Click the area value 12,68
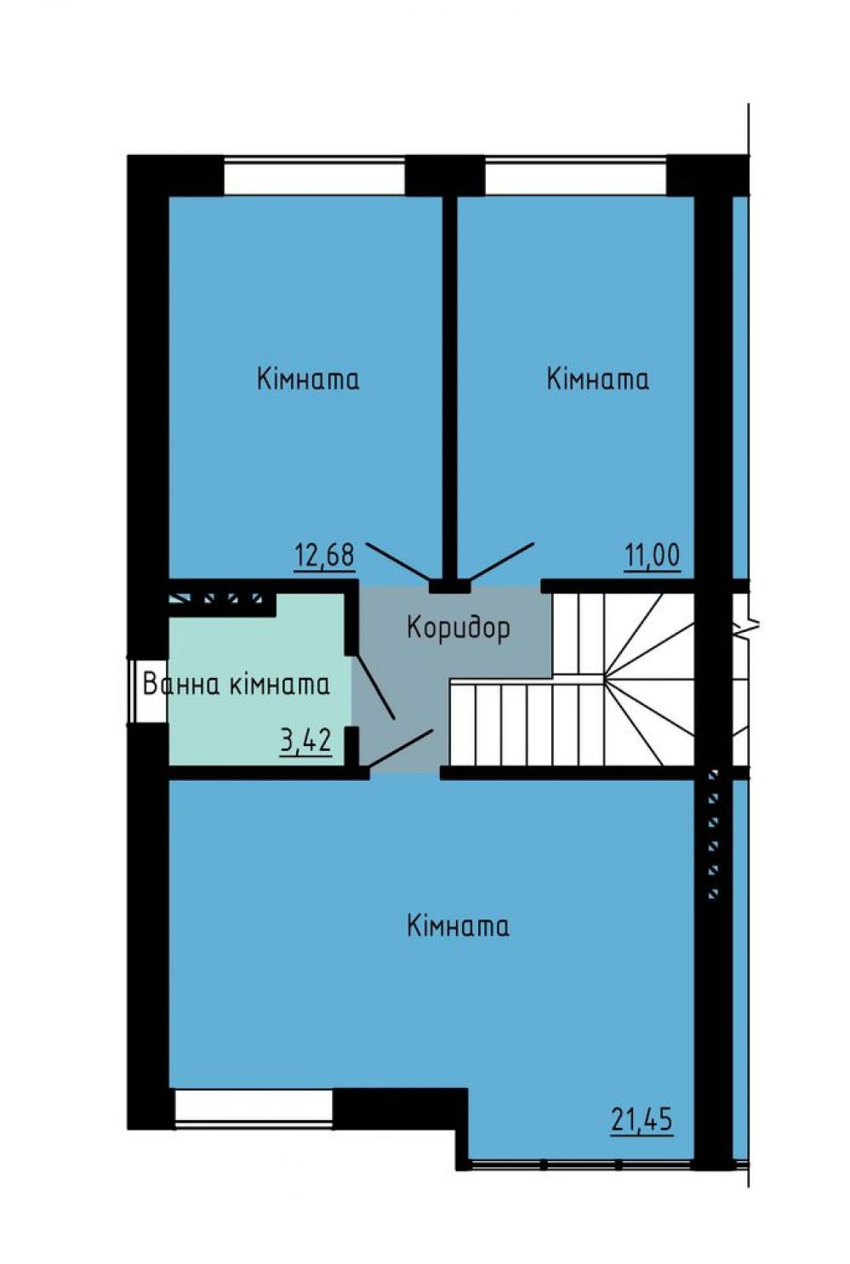pos(324,555)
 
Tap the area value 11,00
pos(652,555)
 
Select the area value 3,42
pos(305,741)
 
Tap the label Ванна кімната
pos(237,685)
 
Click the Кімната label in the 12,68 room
pos(308,379)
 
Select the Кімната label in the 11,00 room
pos(597,379)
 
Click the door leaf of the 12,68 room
pos(397,561)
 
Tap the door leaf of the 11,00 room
pos(502,561)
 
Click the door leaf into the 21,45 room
pos(401,749)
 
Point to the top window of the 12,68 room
pos(314,175)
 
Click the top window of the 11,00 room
pos(576,175)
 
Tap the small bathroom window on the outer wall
pos(146,690)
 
